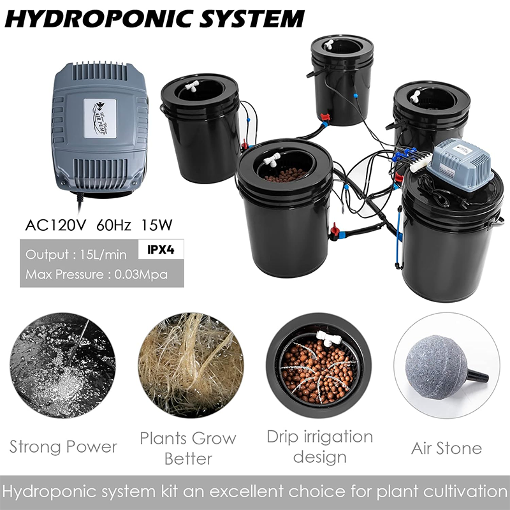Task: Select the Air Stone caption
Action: (x=446, y=448)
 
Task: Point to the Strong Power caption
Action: (x=63, y=446)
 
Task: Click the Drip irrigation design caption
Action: (x=319, y=446)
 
